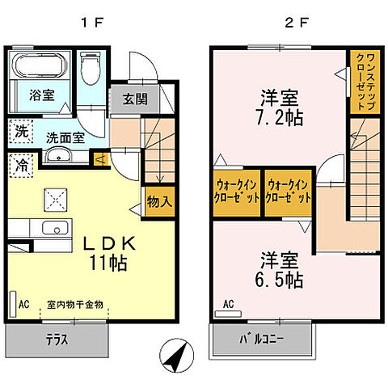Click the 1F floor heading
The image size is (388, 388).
[x=89, y=23]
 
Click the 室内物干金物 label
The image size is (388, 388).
[x=74, y=305]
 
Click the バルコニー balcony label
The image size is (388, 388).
[x=260, y=339]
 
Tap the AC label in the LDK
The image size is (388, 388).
[x=24, y=305]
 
